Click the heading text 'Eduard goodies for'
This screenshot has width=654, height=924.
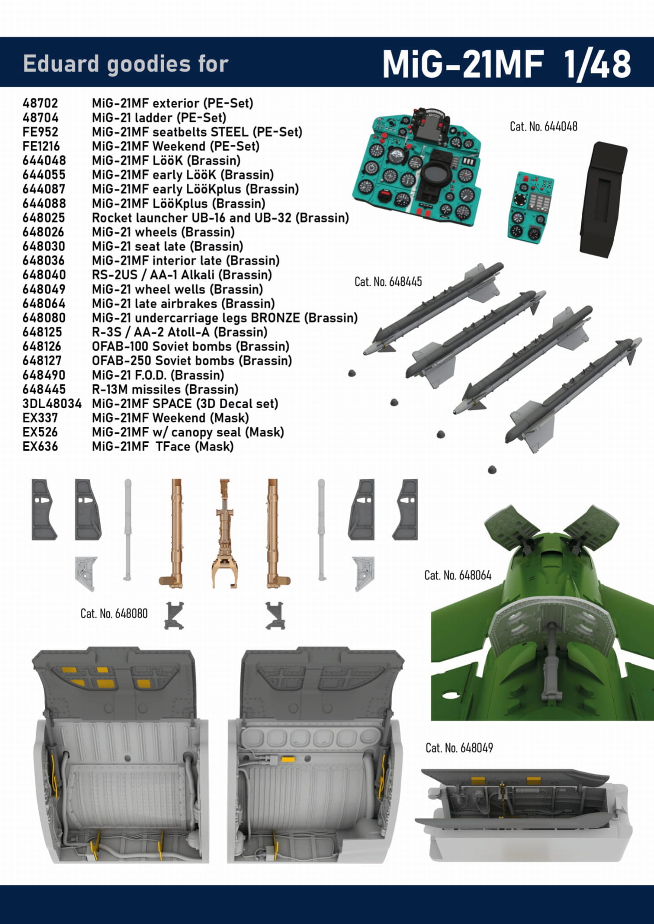[x=126, y=64]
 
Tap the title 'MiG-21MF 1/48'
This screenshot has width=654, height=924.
[x=506, y=64]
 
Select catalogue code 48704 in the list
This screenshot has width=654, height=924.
[x=41, y=118]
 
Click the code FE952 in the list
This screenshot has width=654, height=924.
[x=41, y=132]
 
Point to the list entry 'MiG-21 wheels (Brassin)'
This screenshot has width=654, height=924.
[x=163, y=232]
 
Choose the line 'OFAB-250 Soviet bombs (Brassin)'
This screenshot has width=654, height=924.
[x=192, y=361]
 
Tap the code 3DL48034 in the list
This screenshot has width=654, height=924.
[x=52, y=404]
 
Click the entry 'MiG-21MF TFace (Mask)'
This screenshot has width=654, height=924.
[x=163, y=446]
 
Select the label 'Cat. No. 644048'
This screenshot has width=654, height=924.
[x=543, y=126]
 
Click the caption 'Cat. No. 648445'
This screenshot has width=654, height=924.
[x=388, y=282]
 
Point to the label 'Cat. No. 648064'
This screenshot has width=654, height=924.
[x=458, y=575]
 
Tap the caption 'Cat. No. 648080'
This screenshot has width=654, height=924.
[x=114, y=613]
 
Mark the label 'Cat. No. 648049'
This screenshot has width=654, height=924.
[x=459, y=748]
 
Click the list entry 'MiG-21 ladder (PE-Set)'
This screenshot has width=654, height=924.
[x=159, y=118]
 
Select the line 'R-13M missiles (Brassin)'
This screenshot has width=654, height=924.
[x=165, y=389]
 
